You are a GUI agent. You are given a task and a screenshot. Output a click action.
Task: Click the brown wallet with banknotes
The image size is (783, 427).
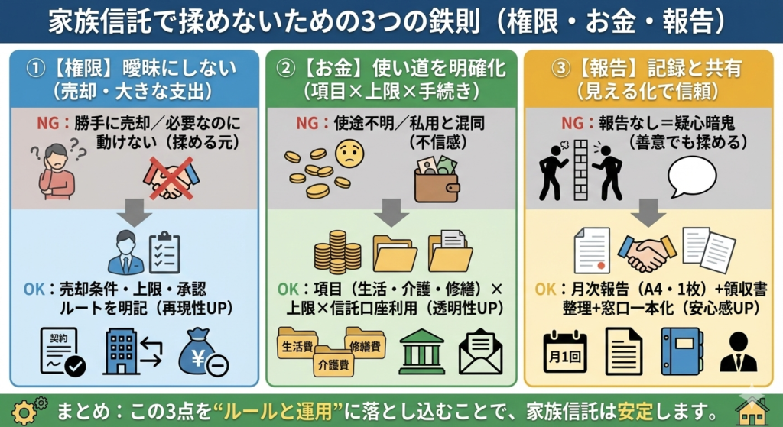[437, 179]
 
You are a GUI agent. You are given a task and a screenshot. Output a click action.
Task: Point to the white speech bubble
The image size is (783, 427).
[692, 175]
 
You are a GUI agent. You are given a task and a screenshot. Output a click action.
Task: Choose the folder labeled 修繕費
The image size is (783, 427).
[365, 345]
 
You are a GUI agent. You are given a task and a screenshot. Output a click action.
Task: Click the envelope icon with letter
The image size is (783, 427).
[480, 352]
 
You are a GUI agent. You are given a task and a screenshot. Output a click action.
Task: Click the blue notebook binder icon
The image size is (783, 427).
[681, 351]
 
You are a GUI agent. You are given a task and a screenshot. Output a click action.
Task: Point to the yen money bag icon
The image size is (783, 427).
[203, 352]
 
